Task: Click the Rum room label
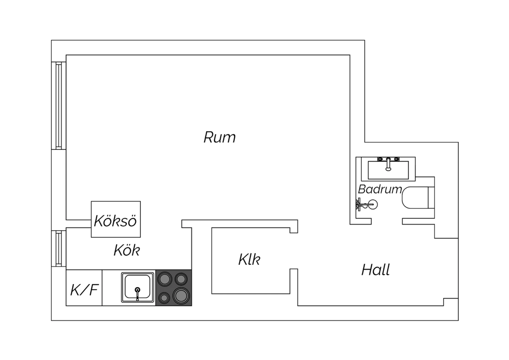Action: click(220, 138)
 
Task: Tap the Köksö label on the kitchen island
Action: click(115, 221)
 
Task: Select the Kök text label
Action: click(127, 251)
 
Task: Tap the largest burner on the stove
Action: click(181, 295)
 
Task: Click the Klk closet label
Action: click(249, 260)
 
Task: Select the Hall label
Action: click(376, 270)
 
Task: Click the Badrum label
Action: click(380, 189)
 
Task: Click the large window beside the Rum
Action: click(59, 106)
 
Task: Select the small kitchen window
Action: click(59, 248)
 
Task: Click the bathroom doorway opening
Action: click(387, 222)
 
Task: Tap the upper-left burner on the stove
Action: click(165, 279)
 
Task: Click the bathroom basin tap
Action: click(389, 163)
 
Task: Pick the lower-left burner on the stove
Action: click(164, 298)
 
